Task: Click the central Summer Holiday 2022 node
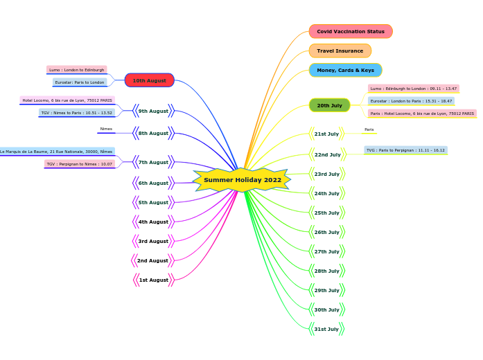(242, 180)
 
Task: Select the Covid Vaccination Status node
(351, 31)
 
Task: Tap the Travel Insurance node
(340, 51)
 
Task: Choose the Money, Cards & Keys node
(345, 70)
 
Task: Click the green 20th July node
(329, 105)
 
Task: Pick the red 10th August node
(149, 80)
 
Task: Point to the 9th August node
(153, 111)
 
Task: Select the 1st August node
(153, 280)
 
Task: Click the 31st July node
(326, 329)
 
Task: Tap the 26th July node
(326, 232)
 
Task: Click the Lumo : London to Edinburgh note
(76, 70)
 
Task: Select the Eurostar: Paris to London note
(80, 82)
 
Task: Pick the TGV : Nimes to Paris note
(76, 113)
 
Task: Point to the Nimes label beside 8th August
(106, 129)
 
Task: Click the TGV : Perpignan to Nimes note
(79, 164)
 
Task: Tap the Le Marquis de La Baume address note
(56, 151)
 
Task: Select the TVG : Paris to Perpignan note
(405, 150)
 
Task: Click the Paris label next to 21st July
(369, 129)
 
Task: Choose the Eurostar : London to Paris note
(411, 101)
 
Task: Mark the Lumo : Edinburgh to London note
(413, 89)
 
